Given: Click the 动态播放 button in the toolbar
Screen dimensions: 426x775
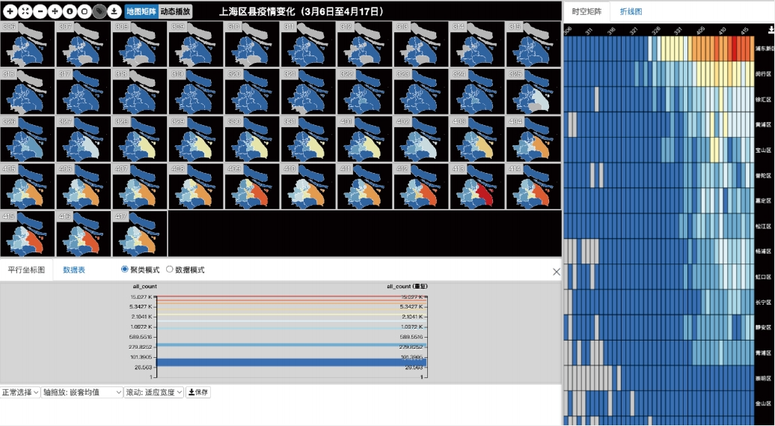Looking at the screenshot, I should pos(176,11).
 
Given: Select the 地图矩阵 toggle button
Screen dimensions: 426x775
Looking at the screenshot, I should pos(141,11).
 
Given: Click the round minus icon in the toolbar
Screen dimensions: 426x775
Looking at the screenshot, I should pos(40,11).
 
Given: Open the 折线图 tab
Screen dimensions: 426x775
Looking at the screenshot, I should pos(631,12).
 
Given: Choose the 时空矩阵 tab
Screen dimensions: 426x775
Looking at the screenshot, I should pos(586,12).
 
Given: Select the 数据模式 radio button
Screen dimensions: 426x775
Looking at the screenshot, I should pos(170,270).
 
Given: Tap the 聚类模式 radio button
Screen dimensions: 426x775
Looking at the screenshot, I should pos(125,270).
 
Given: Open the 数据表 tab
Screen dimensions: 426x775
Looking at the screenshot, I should pos(74,270).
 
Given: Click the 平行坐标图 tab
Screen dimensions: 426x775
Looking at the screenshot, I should pos(26,270).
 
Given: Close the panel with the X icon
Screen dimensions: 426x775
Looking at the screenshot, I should pos(556,272).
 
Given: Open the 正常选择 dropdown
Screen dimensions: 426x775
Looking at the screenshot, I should pos(20,392).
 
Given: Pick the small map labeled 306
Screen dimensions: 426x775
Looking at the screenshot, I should pos(28,44).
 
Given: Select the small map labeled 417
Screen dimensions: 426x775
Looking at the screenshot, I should pos(140,234).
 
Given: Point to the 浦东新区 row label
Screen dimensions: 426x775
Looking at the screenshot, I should pos(765,48).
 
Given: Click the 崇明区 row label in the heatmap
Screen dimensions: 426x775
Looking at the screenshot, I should pos(765,378).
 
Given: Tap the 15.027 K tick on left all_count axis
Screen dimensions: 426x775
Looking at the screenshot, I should pos(140,297).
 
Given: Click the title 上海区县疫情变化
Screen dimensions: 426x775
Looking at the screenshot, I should pos(301,11).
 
